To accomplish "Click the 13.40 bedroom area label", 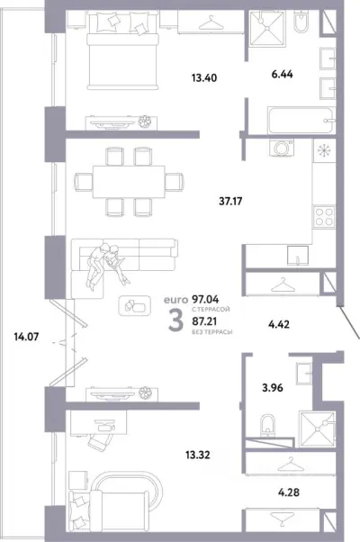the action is [204, 78].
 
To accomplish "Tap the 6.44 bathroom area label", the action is [282, 75].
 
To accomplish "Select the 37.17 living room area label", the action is [230, 201].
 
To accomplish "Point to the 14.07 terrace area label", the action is [26, 336].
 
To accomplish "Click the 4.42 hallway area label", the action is [279, 324].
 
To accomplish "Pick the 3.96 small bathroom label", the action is [272, 388].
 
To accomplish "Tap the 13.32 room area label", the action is [197, 455].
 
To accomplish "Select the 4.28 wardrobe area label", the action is [289, 492].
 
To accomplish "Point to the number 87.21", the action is [204, 321].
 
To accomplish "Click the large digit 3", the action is [175, 321].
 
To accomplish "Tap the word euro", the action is [175, 299].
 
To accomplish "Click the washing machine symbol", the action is [282, 148].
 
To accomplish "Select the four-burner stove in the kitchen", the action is [324, 217].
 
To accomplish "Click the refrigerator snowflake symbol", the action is [324, 151].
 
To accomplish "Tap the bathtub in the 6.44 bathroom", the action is [301, 121].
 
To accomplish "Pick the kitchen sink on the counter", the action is [298, 255].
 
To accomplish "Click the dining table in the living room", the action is [129, 182].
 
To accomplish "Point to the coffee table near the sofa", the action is [134, 305].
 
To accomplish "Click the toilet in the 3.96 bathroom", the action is [267, 425].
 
